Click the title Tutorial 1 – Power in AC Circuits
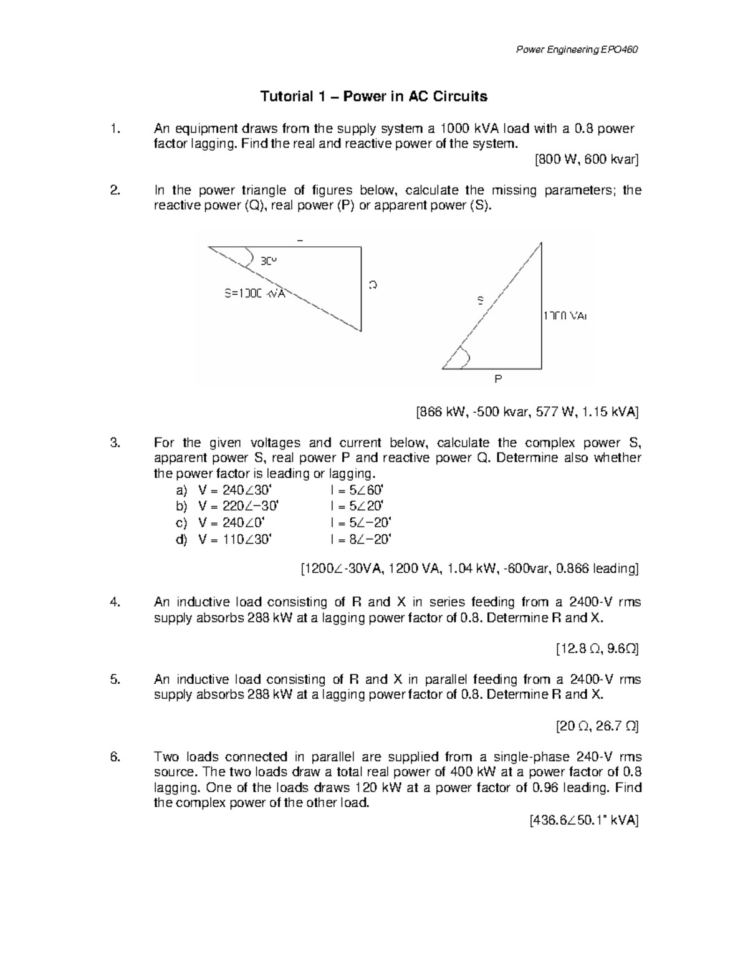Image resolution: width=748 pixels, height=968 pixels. pyautogui.click(x=373, y=97)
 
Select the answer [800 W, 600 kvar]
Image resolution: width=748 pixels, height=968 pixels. pyautogui.click(x=587, y=160)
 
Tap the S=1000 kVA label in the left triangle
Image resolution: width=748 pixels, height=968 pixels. pyautogui.click(x=254, y=293)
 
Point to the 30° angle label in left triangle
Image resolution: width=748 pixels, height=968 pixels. pyautogui.click(x=268, y=261)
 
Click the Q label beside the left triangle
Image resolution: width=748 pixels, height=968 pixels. pyautogui.click(x=372, y=285)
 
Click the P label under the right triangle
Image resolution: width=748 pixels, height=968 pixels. pyautogui.click(x=498, y=378)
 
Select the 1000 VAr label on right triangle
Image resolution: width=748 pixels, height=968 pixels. pyautogui.click(x=565, y=316)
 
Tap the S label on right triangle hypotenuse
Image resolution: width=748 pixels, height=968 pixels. pyautogui.click(x=480, y=300)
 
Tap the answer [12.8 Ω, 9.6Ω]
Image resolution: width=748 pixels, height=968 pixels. pyautogui.click(x=597, y=649)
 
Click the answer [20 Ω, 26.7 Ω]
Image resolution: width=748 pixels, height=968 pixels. pyautogui.click(x=597, y=726)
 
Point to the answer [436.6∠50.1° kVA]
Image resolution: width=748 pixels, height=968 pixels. pyautogui.click(x=583, y=821)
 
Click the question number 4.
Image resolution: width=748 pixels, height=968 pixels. pyautogui.click(x=114, y=602)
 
